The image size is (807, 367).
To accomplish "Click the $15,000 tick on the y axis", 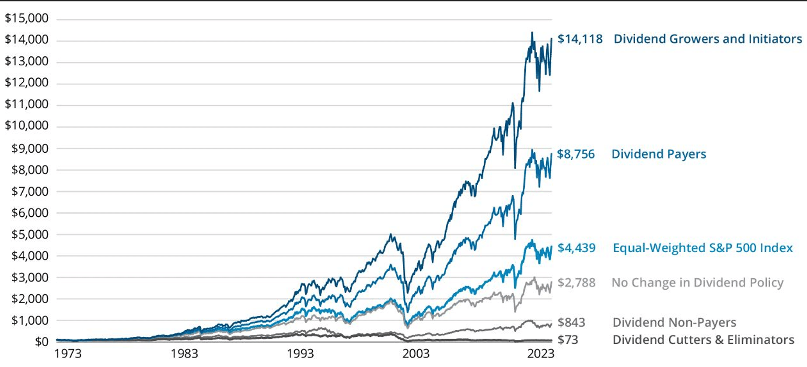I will click(27, 18).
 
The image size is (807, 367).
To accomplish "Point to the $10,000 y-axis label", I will click(27, 125).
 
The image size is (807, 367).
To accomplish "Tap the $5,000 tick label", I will click(30, 234).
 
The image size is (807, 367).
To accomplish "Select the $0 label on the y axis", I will click(42, 342).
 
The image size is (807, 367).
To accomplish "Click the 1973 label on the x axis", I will click(68, 353).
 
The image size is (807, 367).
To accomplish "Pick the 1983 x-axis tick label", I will click(184, 353).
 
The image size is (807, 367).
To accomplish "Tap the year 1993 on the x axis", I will click(300, 353).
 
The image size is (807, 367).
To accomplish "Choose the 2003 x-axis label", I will click(416, 353).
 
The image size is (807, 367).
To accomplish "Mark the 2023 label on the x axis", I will click(541, 353).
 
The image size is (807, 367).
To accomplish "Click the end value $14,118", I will click(580, 39).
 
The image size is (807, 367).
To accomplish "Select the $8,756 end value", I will click(576, 154).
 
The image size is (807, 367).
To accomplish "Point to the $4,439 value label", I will click(576, 248).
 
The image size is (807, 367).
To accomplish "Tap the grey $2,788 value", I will click(576, 283).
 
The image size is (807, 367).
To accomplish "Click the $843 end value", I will click(571, 322).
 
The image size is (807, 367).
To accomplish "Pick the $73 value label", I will click(568, 340).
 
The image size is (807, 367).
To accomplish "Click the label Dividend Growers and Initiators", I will click(708, 39).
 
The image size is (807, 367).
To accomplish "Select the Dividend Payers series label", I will click(659, 154).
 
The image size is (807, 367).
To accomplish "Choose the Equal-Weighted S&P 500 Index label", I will click(702, 248).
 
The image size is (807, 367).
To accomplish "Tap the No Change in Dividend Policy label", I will click(697, 283).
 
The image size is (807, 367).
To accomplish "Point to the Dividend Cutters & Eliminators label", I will click(703, 340).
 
